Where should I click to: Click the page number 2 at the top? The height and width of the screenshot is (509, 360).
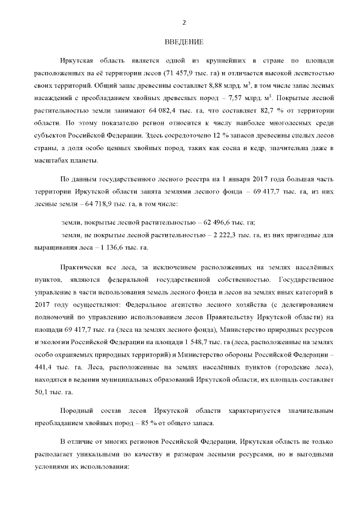click(183, 22)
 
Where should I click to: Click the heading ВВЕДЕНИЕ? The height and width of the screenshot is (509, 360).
click(183, 43)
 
